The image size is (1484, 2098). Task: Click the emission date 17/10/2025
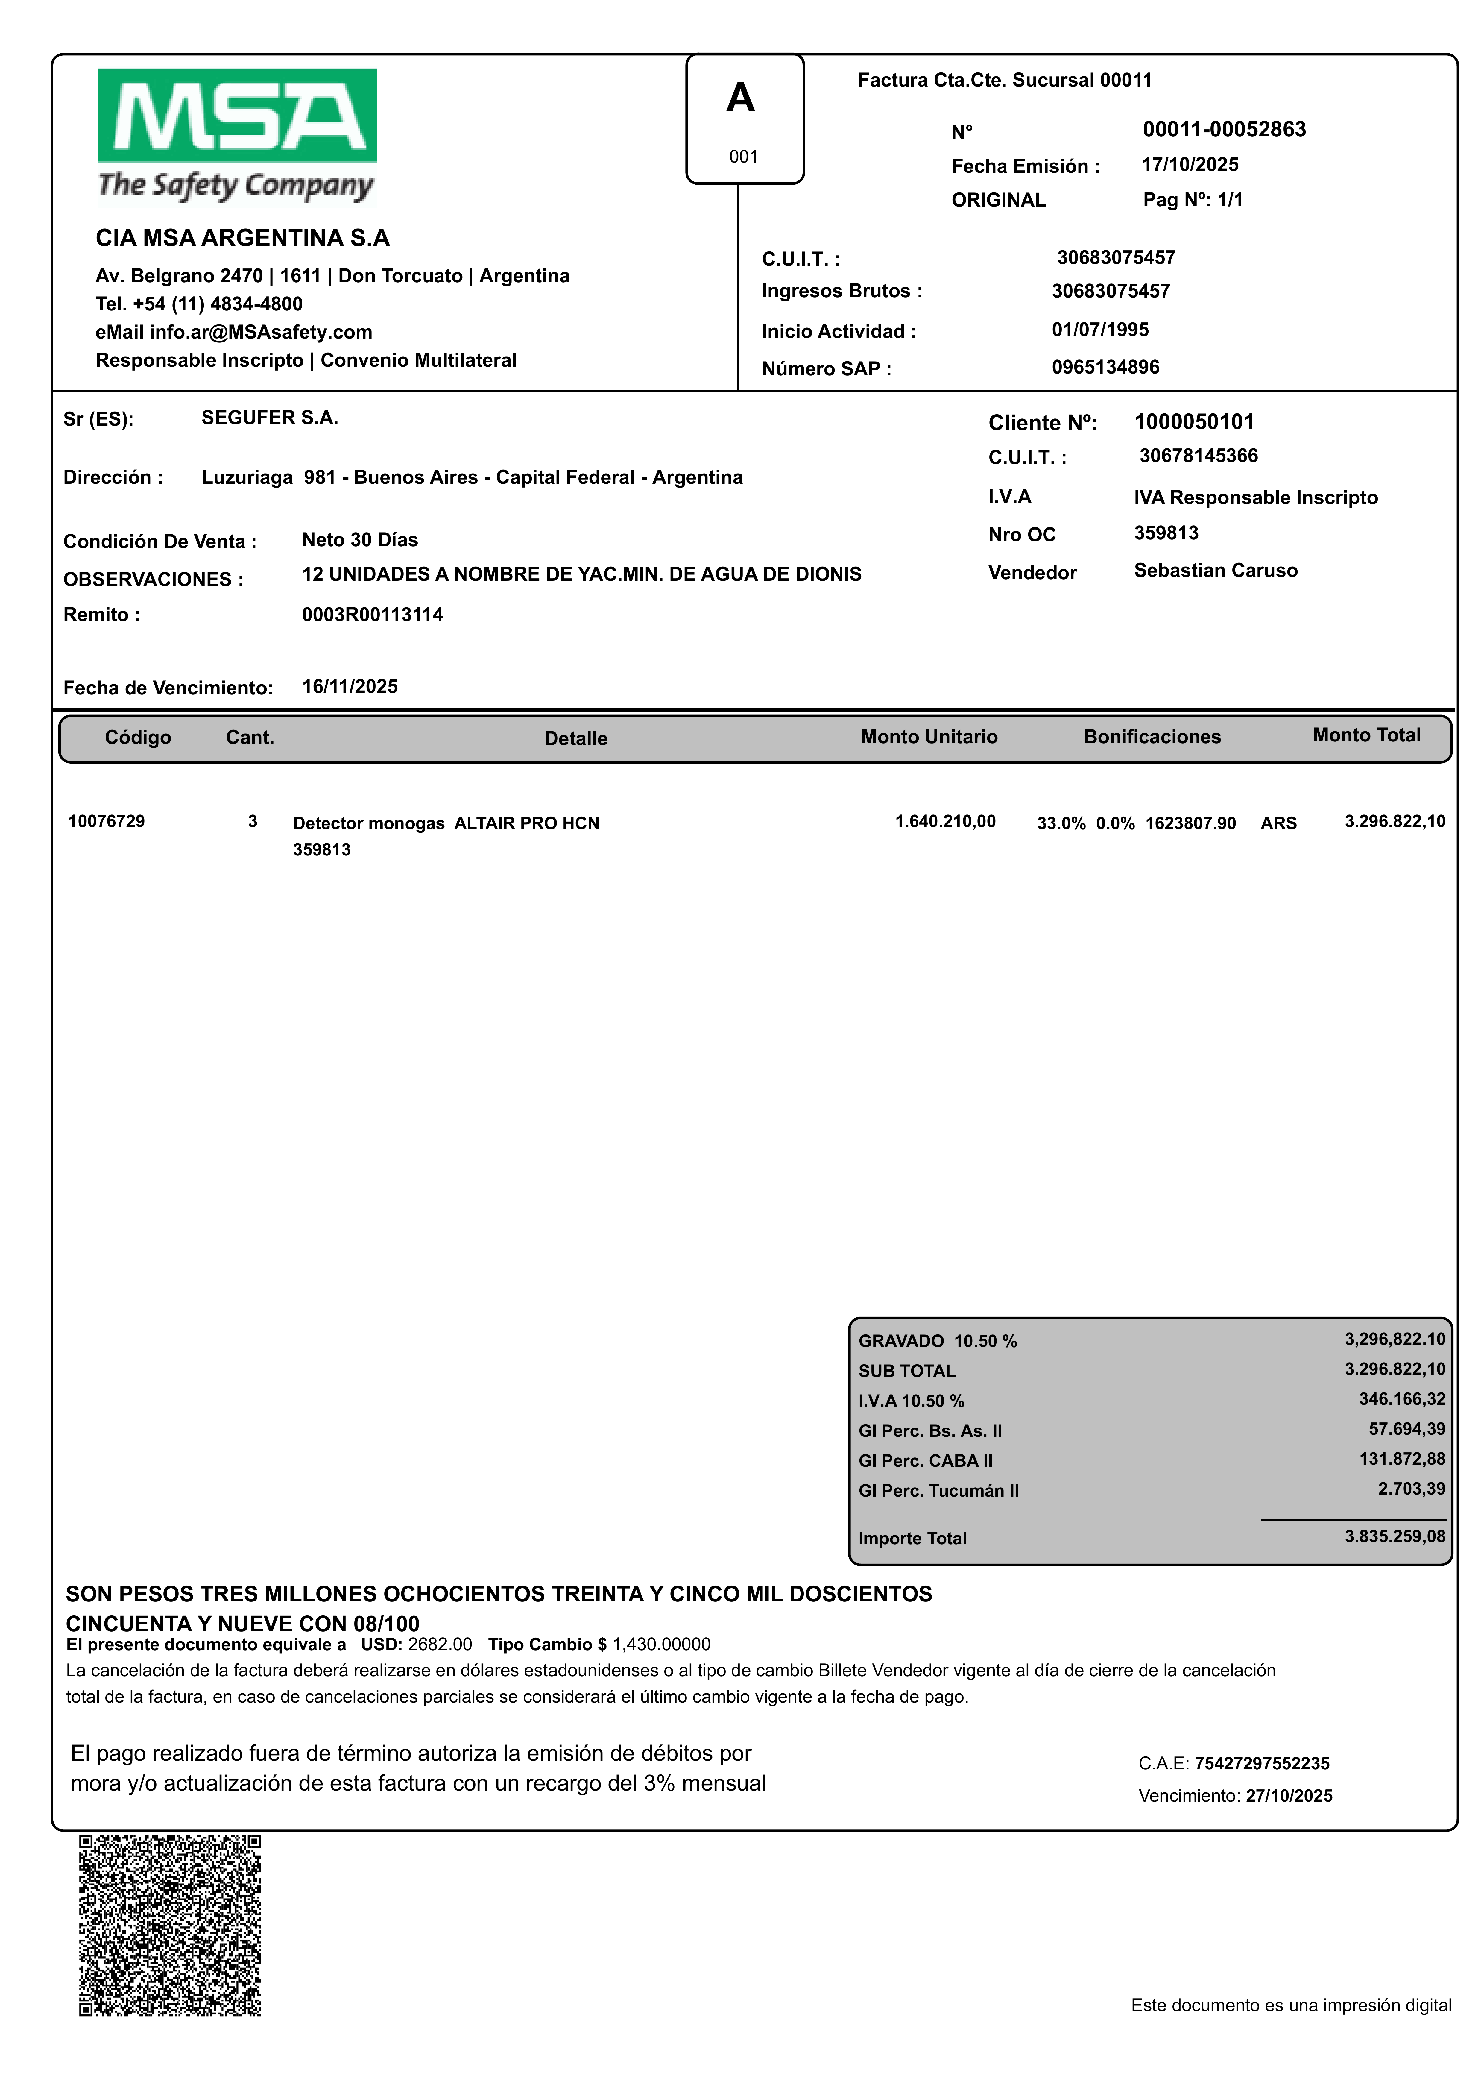coord(1190,164)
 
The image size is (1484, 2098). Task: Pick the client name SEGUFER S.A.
coord(270,418)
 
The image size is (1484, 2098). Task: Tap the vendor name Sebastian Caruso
coord(1215,570)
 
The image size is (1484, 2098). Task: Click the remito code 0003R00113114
coord(372,614)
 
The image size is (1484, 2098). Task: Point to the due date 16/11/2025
coord(350,686)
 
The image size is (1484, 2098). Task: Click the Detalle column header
coord(576,738)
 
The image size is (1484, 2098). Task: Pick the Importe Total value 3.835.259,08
coord(1395,1536)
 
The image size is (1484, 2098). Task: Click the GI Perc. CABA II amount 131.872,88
coord(1402,1459)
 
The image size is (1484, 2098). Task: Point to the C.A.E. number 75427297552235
coord(1261,1764)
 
